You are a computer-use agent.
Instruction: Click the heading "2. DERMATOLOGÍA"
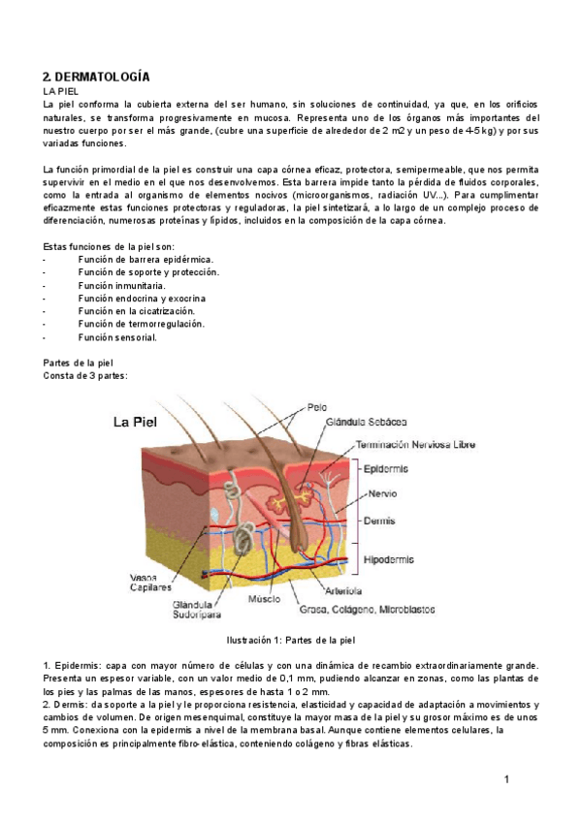click(x=97, y=76)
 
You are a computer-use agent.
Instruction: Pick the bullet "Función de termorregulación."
click(x=141, y=324)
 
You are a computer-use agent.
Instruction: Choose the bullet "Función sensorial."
click(x=117, y=337)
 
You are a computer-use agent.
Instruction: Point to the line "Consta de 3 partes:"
click(x=85, y=375)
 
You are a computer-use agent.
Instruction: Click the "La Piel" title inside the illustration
click(x=142, y=422)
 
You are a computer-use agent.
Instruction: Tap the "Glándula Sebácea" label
click(x=368, y=422)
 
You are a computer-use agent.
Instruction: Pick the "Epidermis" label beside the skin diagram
click(x=385, y=469)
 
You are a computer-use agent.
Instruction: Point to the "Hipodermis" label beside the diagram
click(x=389, y=559)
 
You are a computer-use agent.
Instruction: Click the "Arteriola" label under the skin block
click(x=344, y=589)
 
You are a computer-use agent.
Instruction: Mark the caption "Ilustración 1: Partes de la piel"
click(x=291, y=640)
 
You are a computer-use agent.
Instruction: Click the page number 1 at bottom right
click(x=506, y=779)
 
